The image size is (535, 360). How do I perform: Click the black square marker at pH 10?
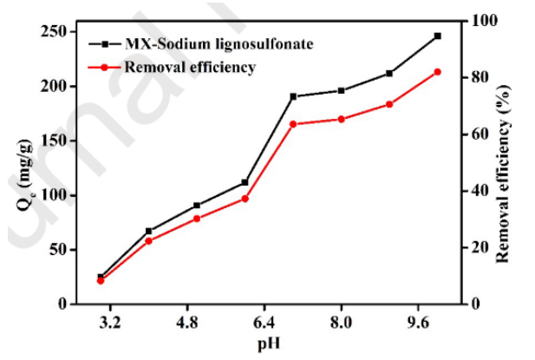(437, 36)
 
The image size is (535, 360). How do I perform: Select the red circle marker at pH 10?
(437, 72)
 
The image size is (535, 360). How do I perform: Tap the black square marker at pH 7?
(293, 96)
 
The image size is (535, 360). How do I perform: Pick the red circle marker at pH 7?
(293, 124)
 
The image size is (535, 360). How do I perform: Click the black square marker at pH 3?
(101, 277)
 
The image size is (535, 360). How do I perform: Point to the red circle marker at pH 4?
(148, 240)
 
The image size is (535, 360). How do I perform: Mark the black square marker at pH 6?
(245, 182)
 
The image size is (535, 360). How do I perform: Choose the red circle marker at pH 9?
(389, 104)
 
